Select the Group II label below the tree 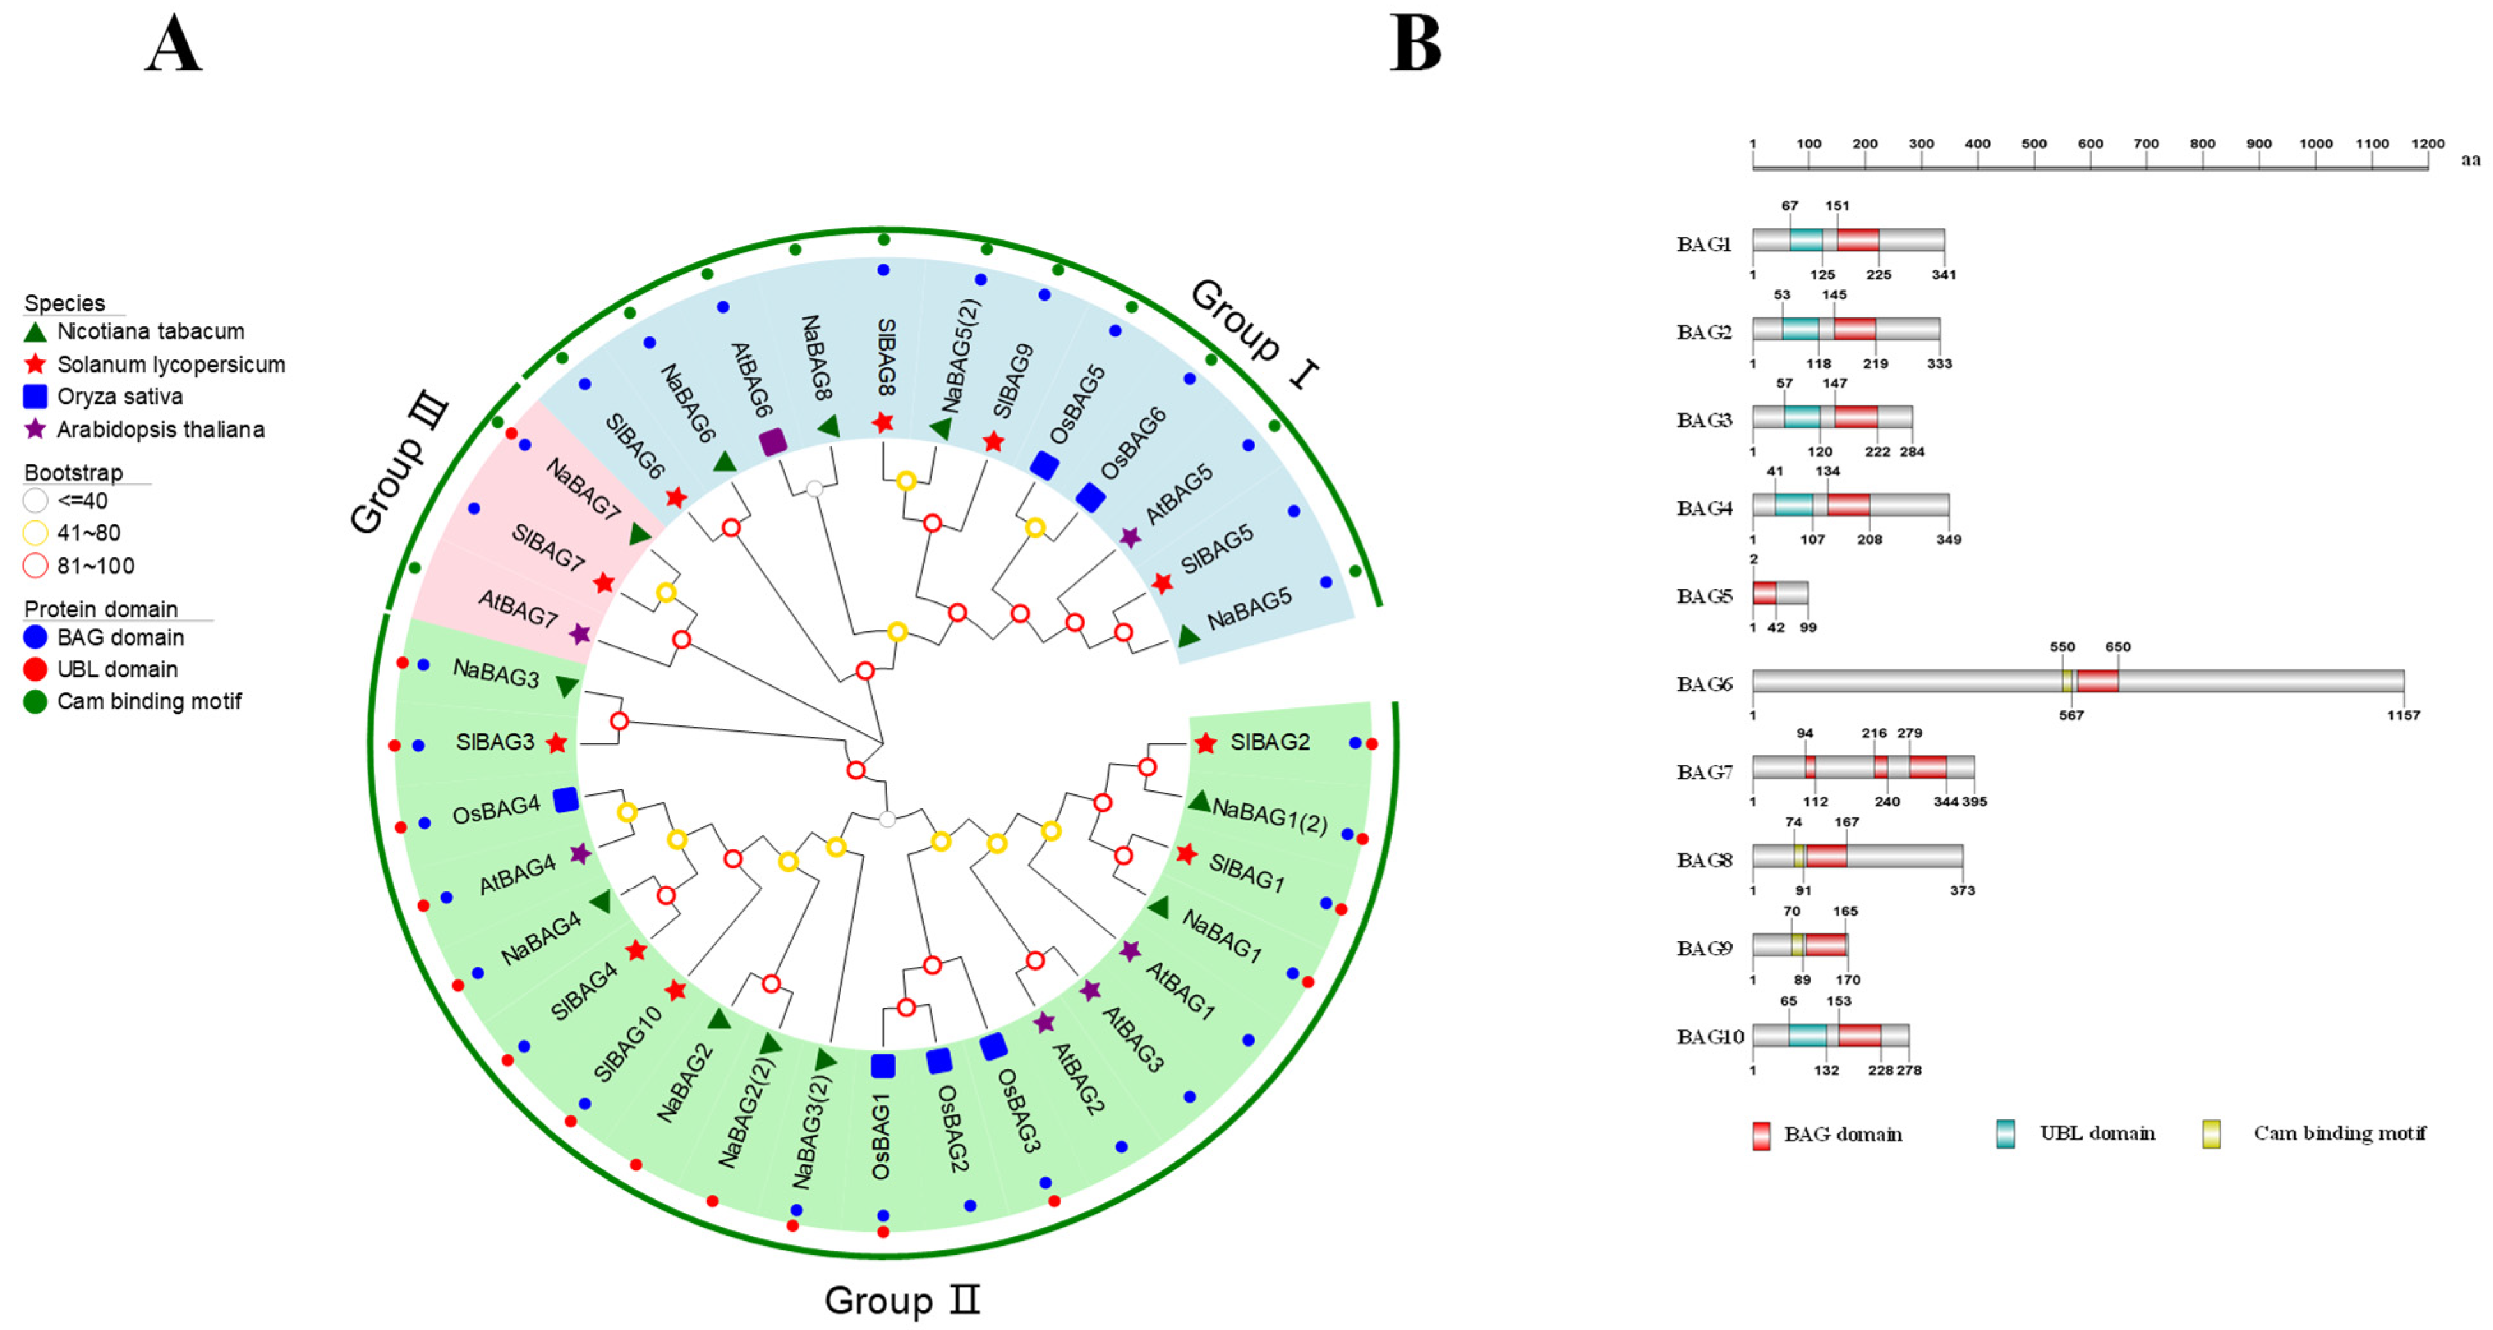(902, 1300)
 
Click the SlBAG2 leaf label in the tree (1270, 742)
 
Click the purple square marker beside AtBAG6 (772, 442)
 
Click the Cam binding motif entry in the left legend (148, 701)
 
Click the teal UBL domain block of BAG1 (1806, 240)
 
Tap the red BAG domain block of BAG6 (2097, 681)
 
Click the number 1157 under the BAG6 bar (2403, 716)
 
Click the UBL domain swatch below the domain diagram (2006, 1133)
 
